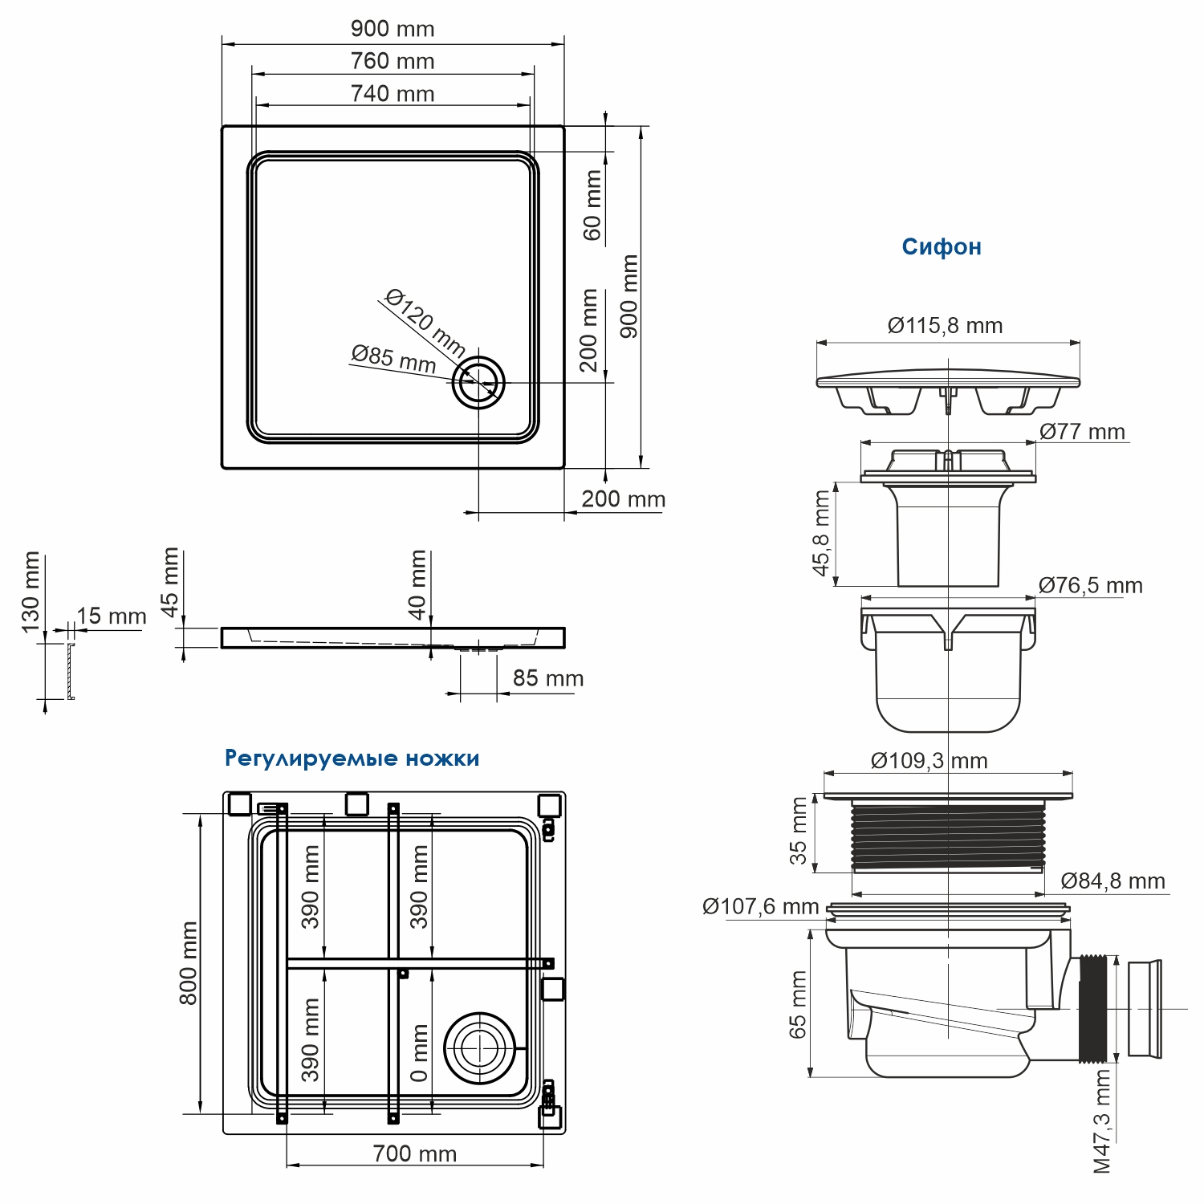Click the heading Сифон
[941, 246]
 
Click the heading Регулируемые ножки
[352, 759]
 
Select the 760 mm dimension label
[393, 61]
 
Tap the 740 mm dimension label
[393, 94]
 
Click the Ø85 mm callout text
[393, 359]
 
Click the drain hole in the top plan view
[478, 383]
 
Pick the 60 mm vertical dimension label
[592, 205]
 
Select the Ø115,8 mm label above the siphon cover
[945, 326]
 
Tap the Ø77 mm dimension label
[1082, 432]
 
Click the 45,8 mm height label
[821, 534]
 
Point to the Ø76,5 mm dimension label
[1090, 586]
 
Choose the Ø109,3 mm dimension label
[929, 761]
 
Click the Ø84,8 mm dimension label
[1112, 881]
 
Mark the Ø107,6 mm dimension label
[760, 907]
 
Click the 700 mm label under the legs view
[414, 1154]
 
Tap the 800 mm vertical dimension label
[188, 963]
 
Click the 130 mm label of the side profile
[31, 592]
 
